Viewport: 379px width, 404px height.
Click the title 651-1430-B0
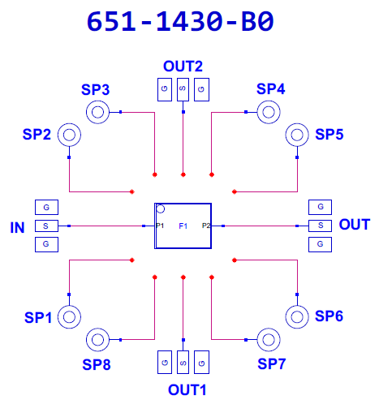tap(180, 21)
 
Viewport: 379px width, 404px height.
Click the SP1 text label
tap(38, 317)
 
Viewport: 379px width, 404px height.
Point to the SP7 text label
tap(271, 363)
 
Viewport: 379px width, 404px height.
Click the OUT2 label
tap(183, 67)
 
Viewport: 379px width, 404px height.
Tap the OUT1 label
tap(187, 390)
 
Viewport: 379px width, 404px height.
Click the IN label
tap(17, 227)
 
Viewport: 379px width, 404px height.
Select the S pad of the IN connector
tap(46, 226)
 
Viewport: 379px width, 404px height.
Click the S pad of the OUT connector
tap(320, 226)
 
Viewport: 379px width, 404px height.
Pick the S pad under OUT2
tap(183, 89)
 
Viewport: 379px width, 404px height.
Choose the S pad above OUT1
tap(183, 362)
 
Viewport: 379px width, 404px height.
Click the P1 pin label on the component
tap(160, 226)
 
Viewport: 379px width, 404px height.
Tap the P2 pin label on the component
tap(206, 226)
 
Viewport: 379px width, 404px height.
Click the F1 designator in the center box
tap(183, 226)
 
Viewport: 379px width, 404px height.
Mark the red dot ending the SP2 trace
tap(132, 191)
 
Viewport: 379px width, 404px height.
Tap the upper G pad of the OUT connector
tap(320, 207)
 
